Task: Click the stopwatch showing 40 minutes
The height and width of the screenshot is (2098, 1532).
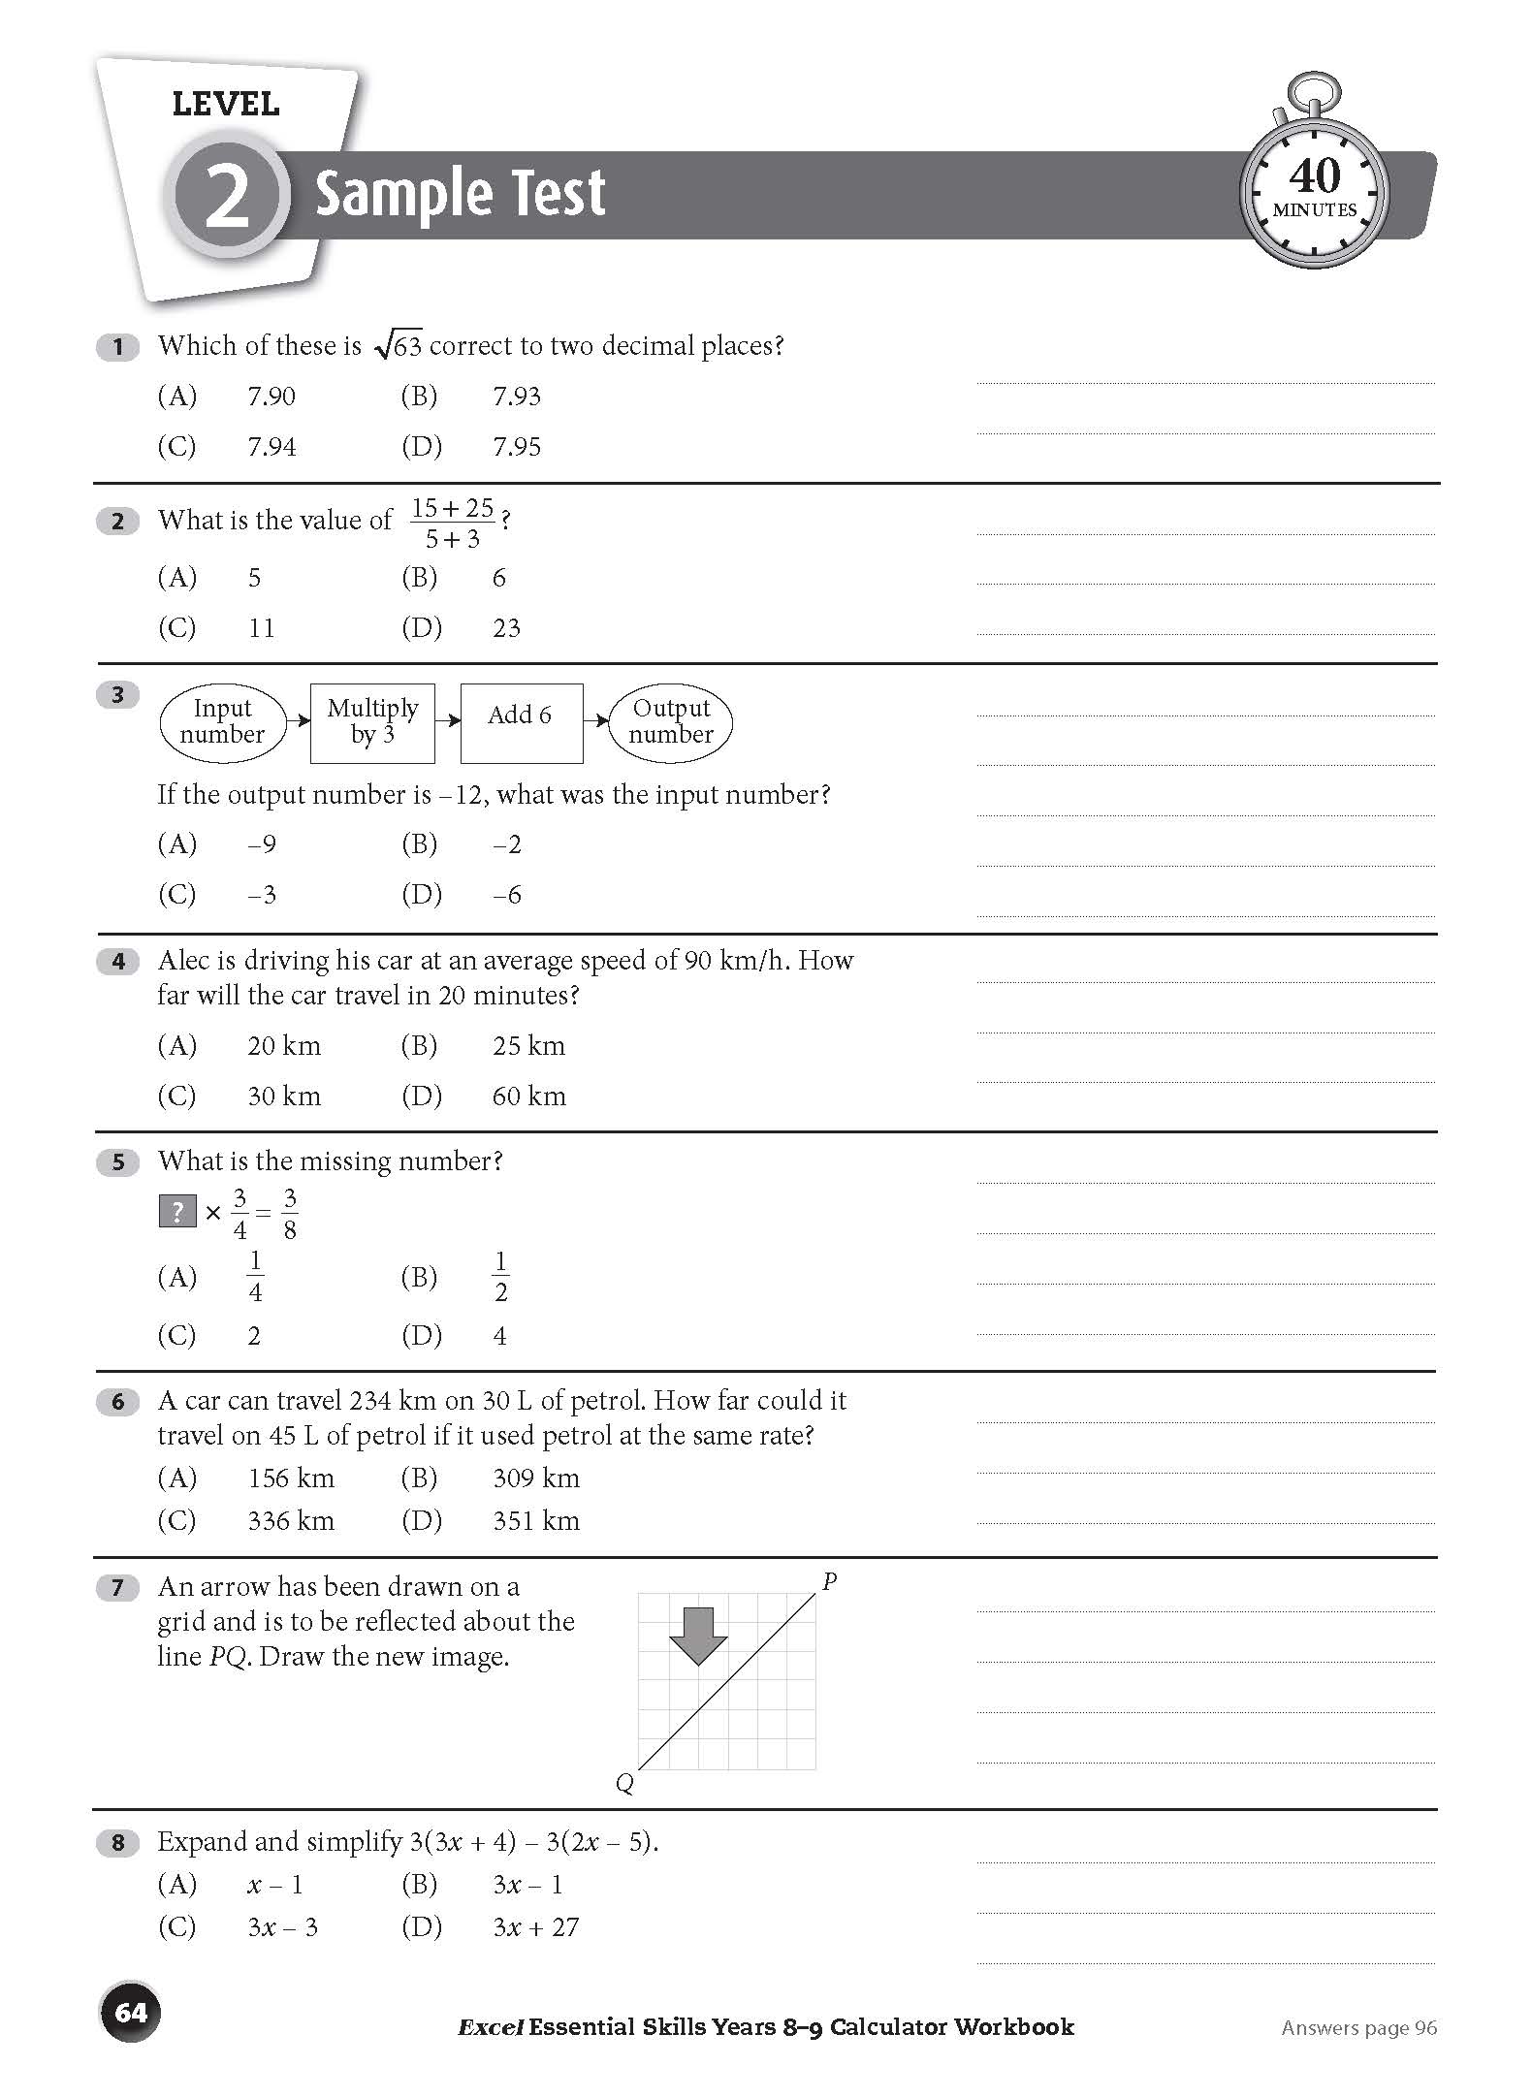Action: [1314, 190]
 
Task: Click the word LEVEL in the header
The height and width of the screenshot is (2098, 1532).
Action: [225, 104]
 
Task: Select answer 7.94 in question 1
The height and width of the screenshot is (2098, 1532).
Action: [271, 447]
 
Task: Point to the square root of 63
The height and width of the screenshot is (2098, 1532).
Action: [399, 346]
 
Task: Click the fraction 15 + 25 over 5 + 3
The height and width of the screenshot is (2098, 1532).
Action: [453, 523]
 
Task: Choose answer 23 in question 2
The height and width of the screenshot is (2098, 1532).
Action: [506, 628]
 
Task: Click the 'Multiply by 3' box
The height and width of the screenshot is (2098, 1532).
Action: [372, 722]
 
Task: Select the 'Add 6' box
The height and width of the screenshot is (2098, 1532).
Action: [521, 722]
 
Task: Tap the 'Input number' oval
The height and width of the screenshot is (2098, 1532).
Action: [222, 722]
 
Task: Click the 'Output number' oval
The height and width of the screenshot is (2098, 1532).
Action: [670, 722]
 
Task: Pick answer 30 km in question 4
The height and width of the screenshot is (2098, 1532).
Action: [283, 1097]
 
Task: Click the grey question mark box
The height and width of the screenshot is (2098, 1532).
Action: [177, 1212]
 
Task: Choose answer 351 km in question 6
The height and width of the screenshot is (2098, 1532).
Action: [535, 1520]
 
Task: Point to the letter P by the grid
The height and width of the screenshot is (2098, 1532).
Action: [829, 1582]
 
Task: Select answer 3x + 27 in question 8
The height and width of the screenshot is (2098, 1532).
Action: [535, 1927]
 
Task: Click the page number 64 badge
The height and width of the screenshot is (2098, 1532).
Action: [130, 2013]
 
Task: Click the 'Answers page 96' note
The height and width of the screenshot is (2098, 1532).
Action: [1358, 2028]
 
